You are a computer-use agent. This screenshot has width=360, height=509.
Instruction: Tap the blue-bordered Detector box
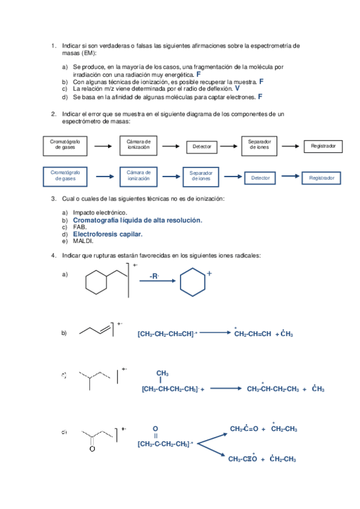pyautogui.click(x=260, y=178)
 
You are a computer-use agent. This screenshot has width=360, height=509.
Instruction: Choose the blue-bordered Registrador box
pyautogui.click(x=322, y=178)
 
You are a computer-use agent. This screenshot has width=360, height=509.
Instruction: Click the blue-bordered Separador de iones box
pyautogui.click(x=202, y=175)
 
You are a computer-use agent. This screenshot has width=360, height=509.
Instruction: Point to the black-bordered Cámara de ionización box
pyautogui.click(x=139, y=144)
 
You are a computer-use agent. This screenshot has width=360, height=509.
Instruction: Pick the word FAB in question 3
pyautogui.click(x=80, y=227)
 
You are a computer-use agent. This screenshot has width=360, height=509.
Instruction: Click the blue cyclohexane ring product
pyautogui.click(x=193, y=284)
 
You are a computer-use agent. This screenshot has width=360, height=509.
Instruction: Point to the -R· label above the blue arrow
pyautogui.click(x=155, y=277)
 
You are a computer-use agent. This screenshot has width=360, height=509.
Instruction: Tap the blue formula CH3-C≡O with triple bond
pyautogui.click(x=242, y=459)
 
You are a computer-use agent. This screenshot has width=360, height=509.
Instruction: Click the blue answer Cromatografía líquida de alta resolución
pyautogui.click(x=137, y=220)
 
